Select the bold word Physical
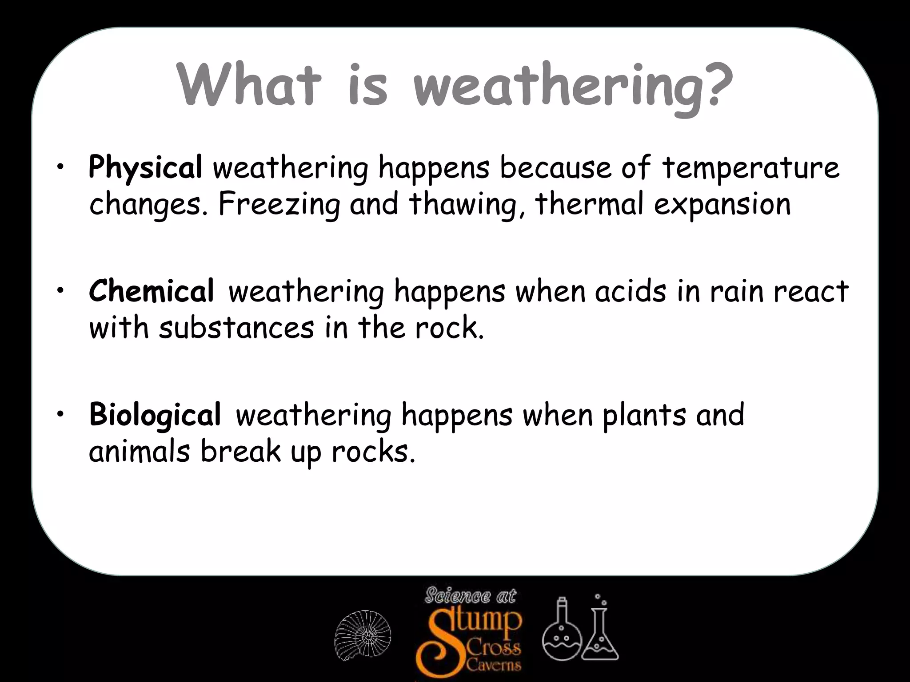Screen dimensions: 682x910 tap(145, 168)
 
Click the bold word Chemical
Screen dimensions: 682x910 tap(152, 292)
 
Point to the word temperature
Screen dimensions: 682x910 tap(751, 169)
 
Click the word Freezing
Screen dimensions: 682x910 tap(279, 205)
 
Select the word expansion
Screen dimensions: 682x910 tap(722, 205)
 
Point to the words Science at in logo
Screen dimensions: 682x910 tap(470, 596)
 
